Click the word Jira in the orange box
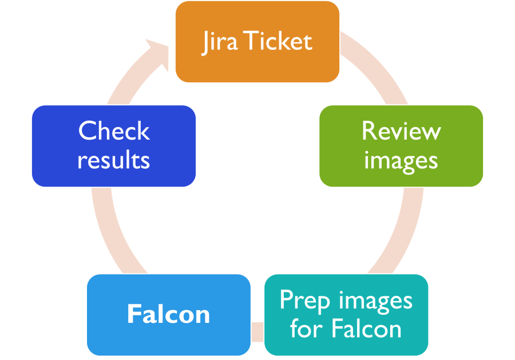click(221, 42)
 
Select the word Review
click(401, 131)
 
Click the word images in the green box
click(401, 160)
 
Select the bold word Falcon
click(168, 314)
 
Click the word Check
click(114, 131)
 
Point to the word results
click(114, 160)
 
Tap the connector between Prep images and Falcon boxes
click(257, 329)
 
